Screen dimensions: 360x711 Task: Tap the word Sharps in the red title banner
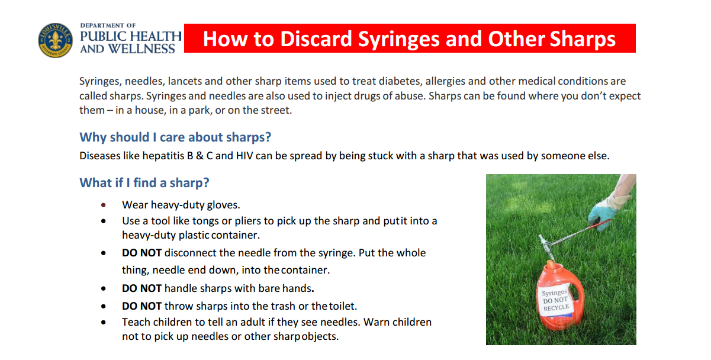click(583, 39)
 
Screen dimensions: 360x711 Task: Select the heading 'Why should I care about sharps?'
click(175, 137)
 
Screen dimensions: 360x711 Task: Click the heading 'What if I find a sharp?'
click(144, 182)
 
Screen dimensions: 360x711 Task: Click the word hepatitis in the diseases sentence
click(151, 156)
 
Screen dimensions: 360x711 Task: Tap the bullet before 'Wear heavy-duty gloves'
click(104, 205)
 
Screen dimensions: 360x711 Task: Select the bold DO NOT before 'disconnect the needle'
click(141, 253)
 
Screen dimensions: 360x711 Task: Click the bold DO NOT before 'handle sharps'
click(141, 288)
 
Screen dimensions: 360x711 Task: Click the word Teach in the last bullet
click(136, 322)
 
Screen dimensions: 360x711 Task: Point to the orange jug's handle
click(578, 284)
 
